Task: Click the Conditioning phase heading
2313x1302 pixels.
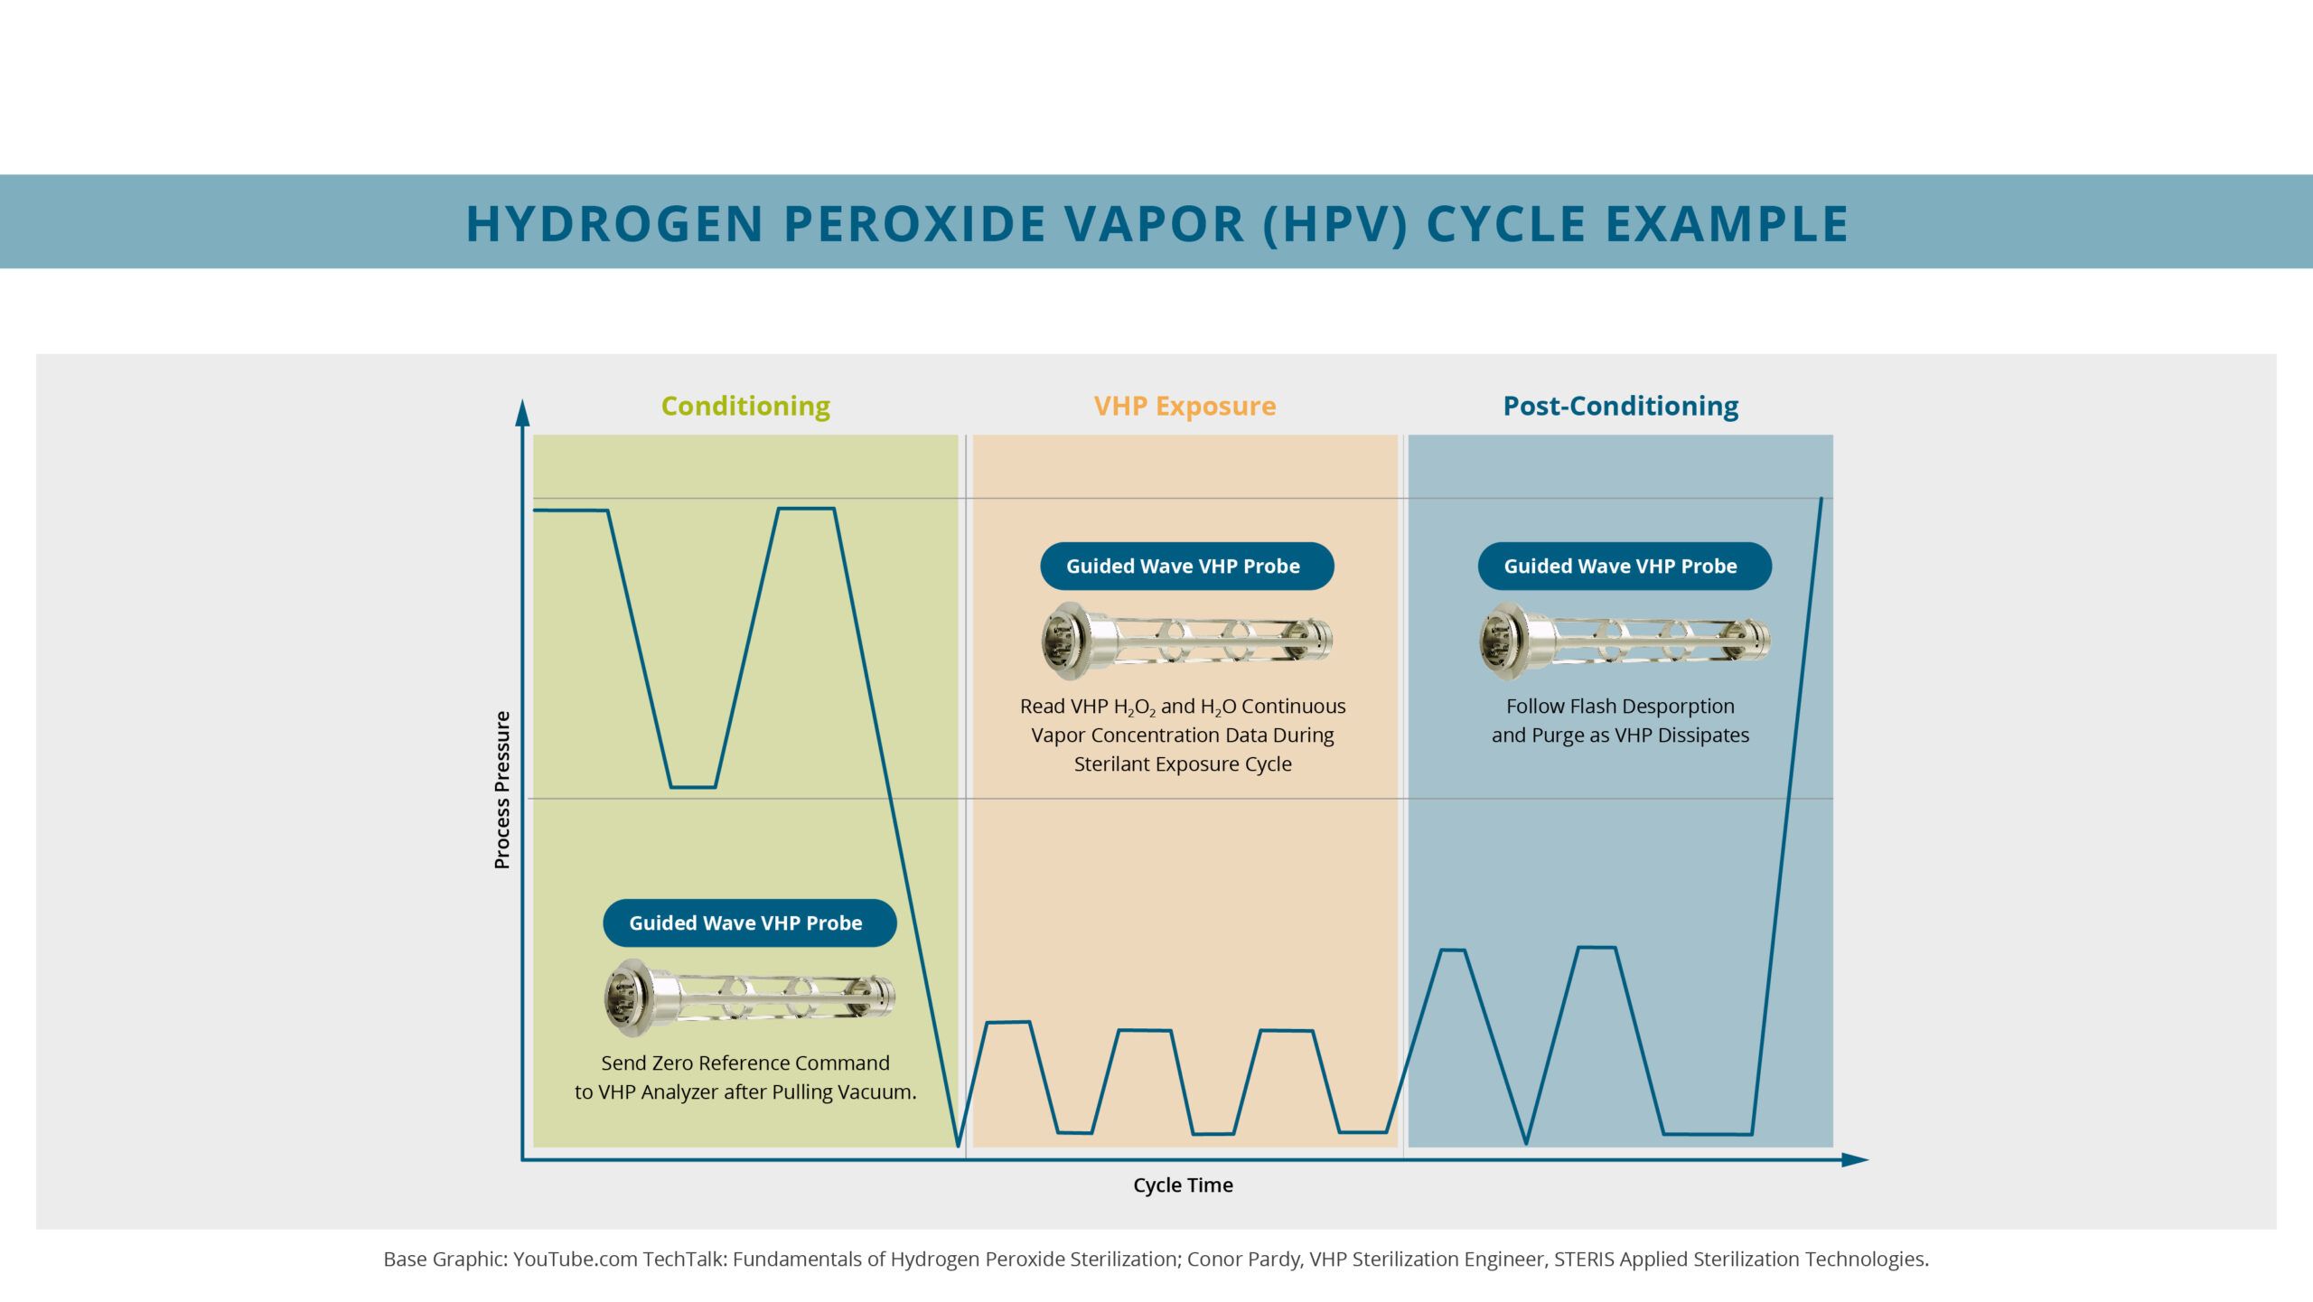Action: click(745, 407)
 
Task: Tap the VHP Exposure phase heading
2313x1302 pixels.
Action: click(1185, 407)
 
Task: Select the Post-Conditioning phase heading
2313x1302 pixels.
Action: click(1620, 407)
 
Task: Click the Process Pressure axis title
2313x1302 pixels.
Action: click(502, 790)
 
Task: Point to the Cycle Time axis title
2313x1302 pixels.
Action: click(1183, 1185)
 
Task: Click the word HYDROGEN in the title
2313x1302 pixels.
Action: click(615, 224)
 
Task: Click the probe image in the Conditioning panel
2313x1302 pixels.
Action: click(750, 998)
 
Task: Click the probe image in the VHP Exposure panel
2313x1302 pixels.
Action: click(1187, 641)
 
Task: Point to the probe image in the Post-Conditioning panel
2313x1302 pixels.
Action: click(1625, 641)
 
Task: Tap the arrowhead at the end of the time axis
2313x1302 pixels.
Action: click(1855, 1159)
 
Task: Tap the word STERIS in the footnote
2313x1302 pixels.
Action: click(1584, 1260)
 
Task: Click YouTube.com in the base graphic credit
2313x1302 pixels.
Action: click(575, 1260)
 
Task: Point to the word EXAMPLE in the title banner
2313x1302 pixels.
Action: click(1727, 224)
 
